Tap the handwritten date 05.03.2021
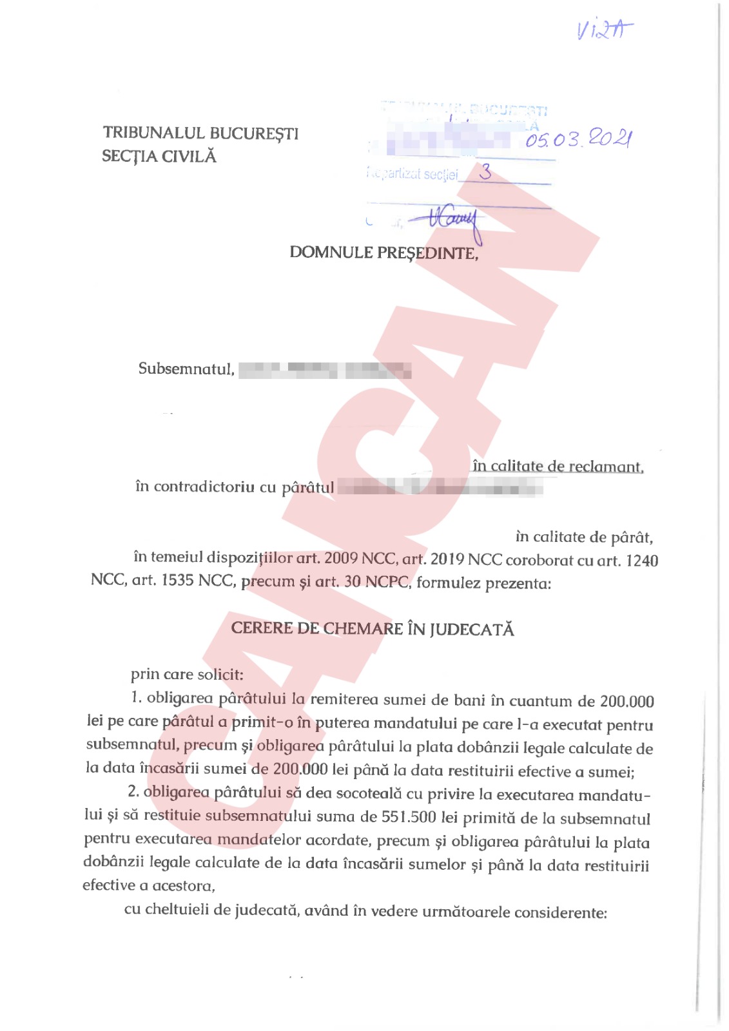[578, 139]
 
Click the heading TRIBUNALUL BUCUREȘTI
[200, 133]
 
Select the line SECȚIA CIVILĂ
[159, 157]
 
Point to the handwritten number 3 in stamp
[485, 171]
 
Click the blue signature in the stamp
[451, 220]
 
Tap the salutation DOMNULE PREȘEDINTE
[384, 253]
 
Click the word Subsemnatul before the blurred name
[186, 369]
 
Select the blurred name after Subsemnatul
[325, 371]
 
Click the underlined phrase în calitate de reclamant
[558, 466]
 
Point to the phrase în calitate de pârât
[583, 537]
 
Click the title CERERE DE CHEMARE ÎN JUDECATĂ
[373, 629]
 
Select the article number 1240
[641, 561]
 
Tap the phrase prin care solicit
[187, 675]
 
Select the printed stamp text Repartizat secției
[413, 174]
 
